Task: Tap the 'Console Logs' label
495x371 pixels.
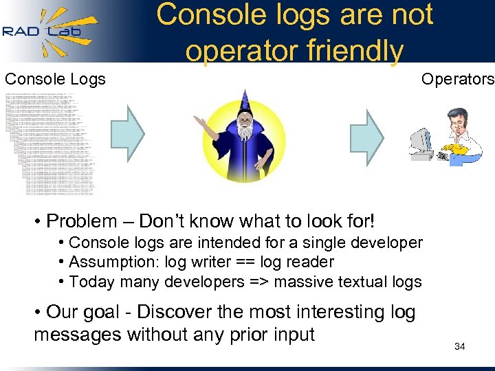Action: pyautogui.click(x=56, y=79)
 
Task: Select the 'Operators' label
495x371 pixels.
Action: pyautogui.click(x=457, y=79)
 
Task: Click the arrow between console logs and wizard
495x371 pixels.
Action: pyautogui.click(x=128, y=133)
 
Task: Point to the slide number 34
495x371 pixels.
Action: pyautogui.click(x=460, y=346)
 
